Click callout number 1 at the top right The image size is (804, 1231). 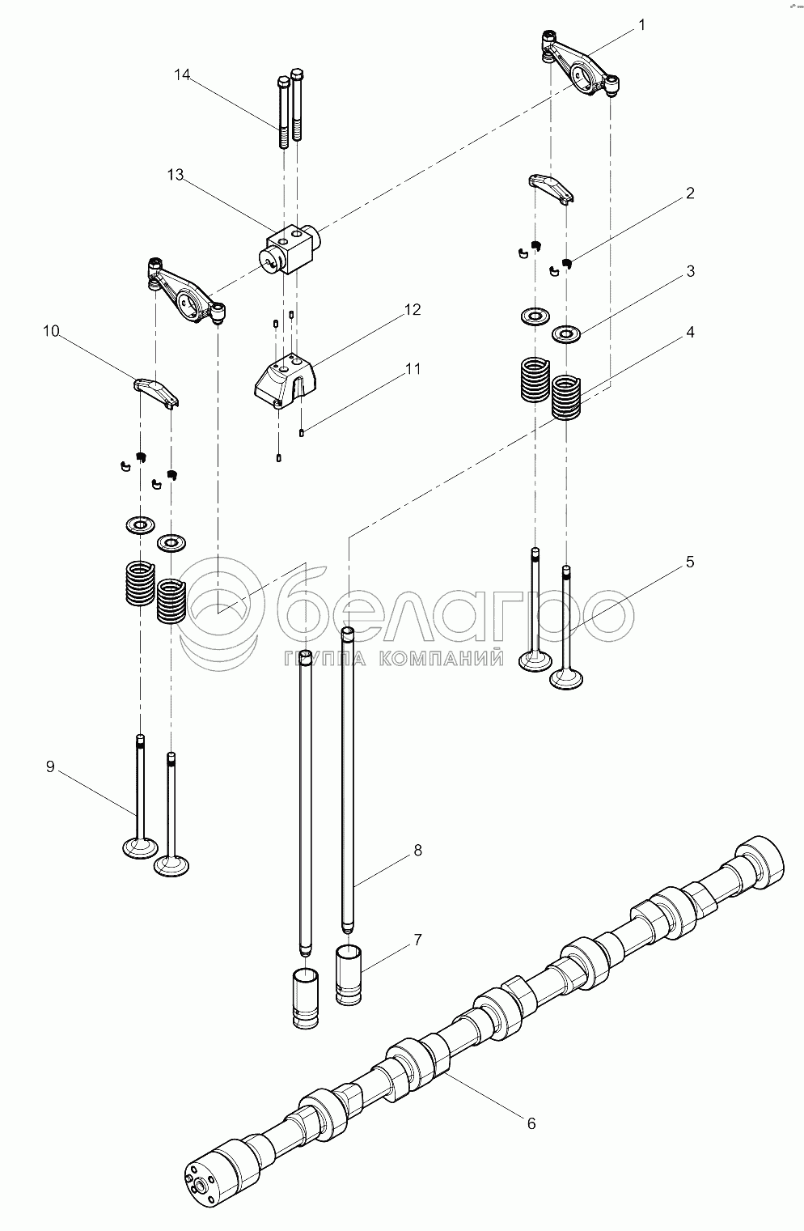[x=642, y=26]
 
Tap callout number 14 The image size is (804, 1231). [x=182, y=74]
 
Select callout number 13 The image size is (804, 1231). [x=176, y=175]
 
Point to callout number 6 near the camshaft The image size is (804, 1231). [x=531, y=1124]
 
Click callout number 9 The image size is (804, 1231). [x=50, y=766]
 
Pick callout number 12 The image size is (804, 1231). [x=413, y=309]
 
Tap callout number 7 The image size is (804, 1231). [x=417, y=940]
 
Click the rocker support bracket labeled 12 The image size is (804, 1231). [x=286, y=380]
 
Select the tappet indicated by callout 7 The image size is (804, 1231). [x=349, y=975]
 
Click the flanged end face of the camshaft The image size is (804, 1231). [x=202, y=1185]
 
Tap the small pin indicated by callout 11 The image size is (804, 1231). [x=302, y=433]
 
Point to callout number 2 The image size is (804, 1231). [x=690, y=193]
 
